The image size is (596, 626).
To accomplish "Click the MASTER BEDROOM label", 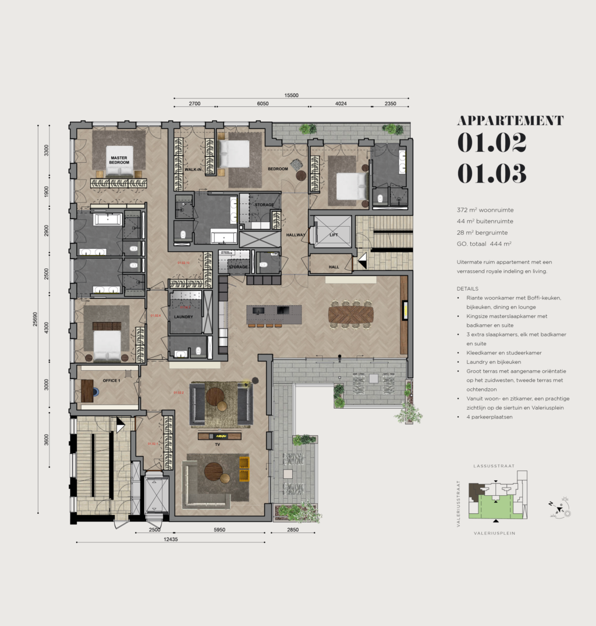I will click(119, 159).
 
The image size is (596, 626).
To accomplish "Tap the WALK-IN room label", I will click(193, 169).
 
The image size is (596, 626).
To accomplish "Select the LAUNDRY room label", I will click(183, 317).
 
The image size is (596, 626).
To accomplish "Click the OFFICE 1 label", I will click(111, 380).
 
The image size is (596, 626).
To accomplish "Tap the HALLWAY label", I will click(296, 235).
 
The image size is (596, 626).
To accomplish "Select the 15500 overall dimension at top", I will click(291, 95).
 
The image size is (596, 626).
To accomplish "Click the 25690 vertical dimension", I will click(35, 320).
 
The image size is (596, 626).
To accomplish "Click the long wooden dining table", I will click(350, 314).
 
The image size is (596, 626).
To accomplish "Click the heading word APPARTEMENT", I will click(510, 120).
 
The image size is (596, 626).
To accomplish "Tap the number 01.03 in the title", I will click(492, 173).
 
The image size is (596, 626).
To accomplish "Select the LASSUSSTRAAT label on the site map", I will click(495, 466).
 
